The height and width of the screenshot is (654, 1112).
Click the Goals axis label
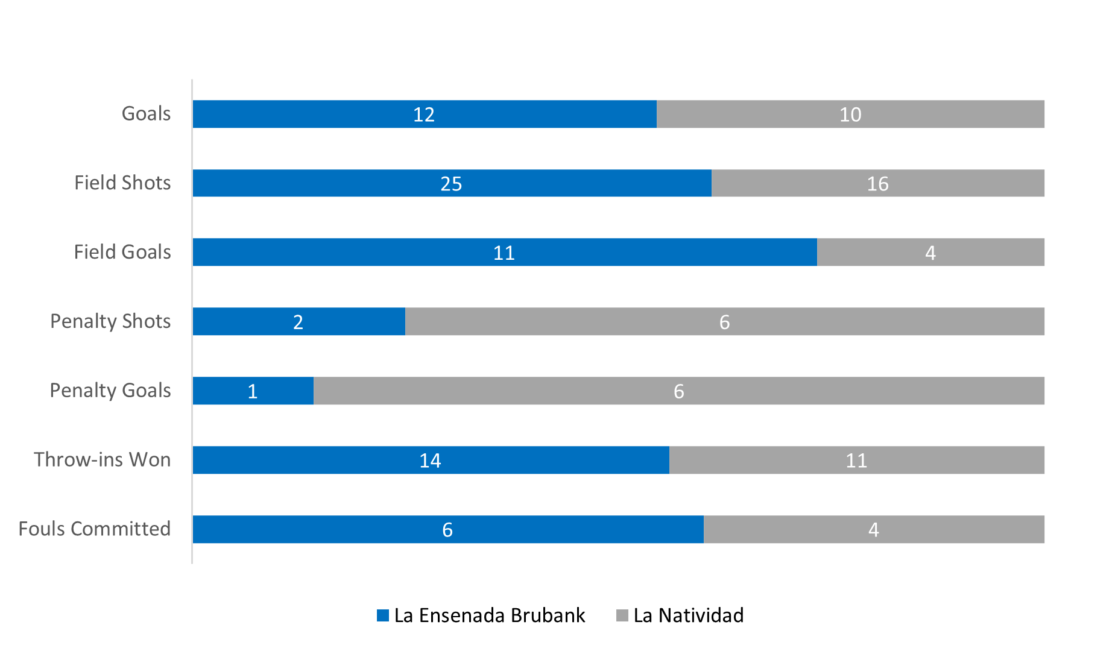146,114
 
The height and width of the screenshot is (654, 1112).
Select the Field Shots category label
122,183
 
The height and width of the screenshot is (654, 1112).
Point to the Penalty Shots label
110,321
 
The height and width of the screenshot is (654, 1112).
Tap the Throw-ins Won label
103,460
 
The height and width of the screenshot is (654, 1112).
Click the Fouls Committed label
95,529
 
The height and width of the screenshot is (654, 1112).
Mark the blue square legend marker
383,615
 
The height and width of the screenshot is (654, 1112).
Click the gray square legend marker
622,615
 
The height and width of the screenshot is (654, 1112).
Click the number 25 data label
451,184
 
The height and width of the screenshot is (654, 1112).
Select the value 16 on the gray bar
877,184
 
